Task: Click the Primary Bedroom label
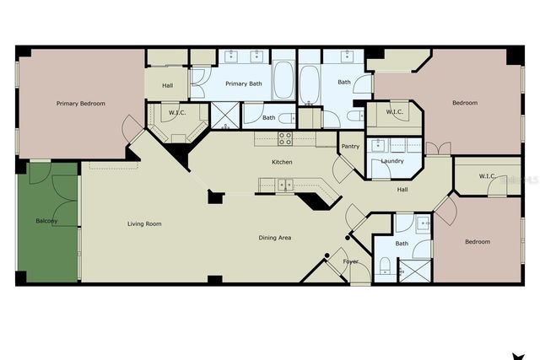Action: pyautogui.click(x=81, y=104)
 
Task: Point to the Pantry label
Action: pyautogui.click(x=350, y=146)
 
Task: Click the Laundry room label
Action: pyautogui.click(x=391, y=161)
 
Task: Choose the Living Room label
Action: pyautogui.click(x=144, y=223)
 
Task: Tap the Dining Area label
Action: pyautogui.click(x=275, y=238)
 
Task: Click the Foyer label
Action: pyautogui.click(x=350, y=261)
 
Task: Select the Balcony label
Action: pyautogui.click(x=47, y=221)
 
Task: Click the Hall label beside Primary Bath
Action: pyautogui.click(x=168, y=84)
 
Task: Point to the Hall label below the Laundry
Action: pyautogui.click(x=403, y=190)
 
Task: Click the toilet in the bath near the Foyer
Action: pyautogui.click(x=384, y=267)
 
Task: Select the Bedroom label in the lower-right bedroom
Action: pyautogui.click(x=477, y=242)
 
